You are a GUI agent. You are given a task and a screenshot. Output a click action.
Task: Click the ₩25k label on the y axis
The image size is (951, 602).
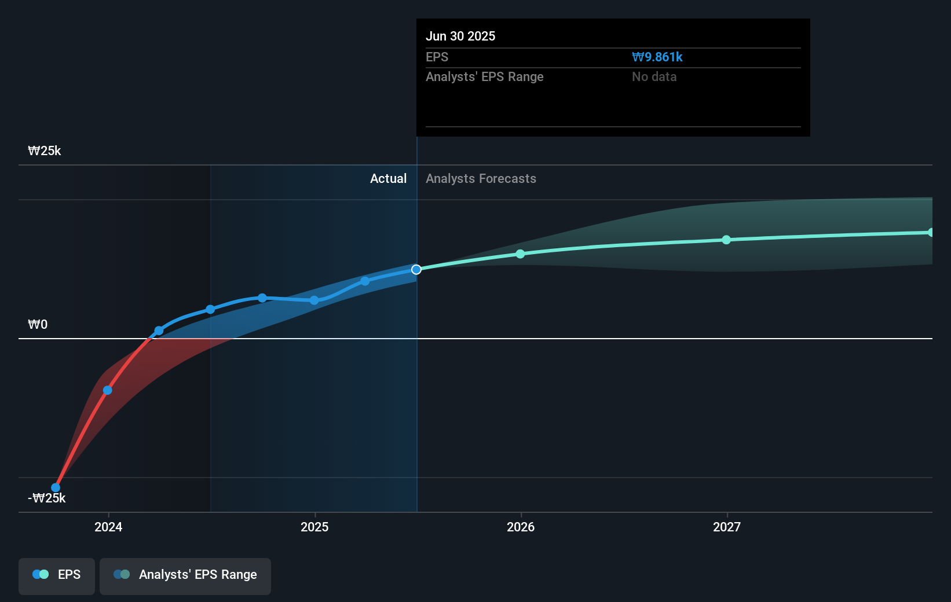pyautogui.click(x=45, y=151)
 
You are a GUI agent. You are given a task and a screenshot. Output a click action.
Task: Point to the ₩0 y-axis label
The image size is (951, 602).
pyautogui.click(x=38, y=325)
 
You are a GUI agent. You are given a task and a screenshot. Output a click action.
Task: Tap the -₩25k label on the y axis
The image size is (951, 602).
pyautogui.click(x=47, y=498)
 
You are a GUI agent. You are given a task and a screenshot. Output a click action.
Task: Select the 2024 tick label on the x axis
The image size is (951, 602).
pyautogui.click(x=108, y=527)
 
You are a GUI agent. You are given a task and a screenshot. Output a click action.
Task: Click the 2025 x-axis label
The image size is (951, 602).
pyautogui.click(x=314, y=527)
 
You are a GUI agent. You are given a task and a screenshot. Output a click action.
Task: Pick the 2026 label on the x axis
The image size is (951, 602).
pyautogui.click(x=521, y=527)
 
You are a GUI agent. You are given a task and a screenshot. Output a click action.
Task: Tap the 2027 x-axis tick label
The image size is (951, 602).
pyautogui.click(x=727, y=527)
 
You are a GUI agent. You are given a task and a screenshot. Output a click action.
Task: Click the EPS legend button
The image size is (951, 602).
pyautogui.click(x=57, y=575)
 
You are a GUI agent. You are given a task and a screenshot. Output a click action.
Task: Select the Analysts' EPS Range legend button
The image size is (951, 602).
pyautogui.click(x=185, y=575)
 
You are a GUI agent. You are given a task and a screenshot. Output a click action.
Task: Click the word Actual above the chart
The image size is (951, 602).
pyautogui.click(x=388, y=179)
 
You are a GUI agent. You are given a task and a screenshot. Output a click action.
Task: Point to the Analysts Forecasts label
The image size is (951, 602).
pyautogui.click(x=481, y=179)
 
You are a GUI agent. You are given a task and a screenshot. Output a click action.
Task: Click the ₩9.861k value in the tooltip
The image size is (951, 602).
pyautogui.click(x=657, y=57)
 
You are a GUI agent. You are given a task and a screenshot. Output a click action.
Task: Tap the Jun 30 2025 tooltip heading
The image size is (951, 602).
pyautogui.click(x=460, y=36)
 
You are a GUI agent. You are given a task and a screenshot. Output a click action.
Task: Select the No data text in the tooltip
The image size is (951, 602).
pyautogui.click(x=654, y=77)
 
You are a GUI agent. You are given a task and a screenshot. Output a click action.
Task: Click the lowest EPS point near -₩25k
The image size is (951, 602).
pyautogui.click(x=56, y=488)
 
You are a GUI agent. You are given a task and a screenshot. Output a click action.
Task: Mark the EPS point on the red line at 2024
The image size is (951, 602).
pyautogui.click(x=108, y=390)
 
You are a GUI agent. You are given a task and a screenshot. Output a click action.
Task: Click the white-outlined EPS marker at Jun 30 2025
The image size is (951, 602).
pyautogui.click(x=416, y=270)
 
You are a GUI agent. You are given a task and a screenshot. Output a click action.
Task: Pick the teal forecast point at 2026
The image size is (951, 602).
pyautogui.click(x=520, y=254)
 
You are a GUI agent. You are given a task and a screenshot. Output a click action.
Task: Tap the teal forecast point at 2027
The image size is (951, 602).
pyautogui.click(x=726, y=240)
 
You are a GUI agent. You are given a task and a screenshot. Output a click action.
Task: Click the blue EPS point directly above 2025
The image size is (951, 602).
pyautogui.click(x=314, y=300)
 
